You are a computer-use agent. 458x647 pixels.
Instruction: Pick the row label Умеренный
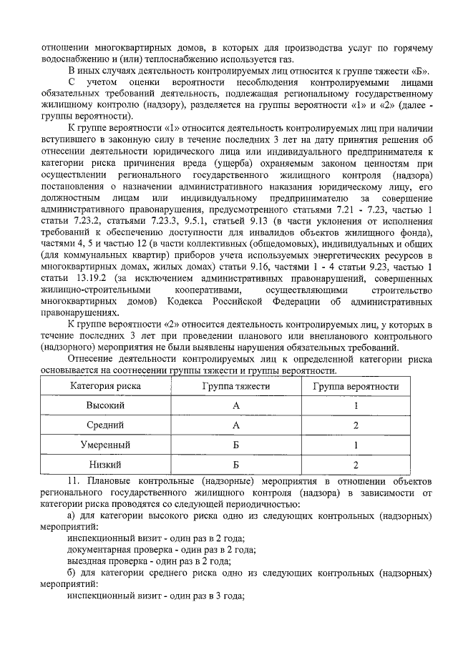tap(105, 444)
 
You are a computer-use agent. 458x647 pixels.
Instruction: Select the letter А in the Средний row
tap(235, 425)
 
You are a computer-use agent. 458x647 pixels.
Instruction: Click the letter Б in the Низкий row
tap(235, 464)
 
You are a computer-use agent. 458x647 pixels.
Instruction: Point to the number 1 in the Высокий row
tap(356, 405)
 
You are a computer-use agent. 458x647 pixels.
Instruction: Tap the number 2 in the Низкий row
tap(356, 464)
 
